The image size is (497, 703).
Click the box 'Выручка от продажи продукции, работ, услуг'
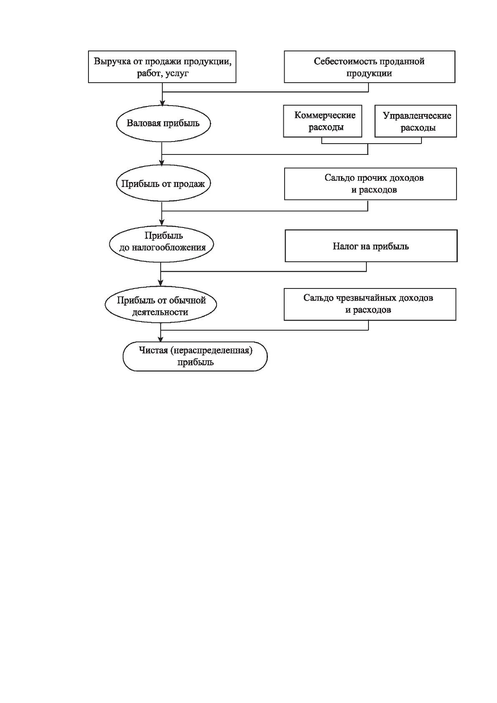click(162, 67)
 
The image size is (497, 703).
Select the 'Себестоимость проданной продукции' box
click(369, 67)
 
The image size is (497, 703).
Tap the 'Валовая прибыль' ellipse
click(164, 123)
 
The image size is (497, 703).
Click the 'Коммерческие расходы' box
click(323, 121)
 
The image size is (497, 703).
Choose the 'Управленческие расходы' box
click(416, 121)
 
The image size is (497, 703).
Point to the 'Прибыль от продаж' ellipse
click(163, 183)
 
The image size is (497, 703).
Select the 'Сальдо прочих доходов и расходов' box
click(370, 184)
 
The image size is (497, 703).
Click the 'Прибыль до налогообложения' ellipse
click(161, 244)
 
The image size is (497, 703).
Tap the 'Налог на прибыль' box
click(371, 246)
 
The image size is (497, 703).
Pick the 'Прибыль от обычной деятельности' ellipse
click(161, 304)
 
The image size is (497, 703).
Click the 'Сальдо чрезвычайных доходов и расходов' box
click(370, 304)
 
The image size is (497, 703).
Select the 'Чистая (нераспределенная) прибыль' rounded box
click(195, 357)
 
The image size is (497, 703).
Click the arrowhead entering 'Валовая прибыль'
click(162, 103)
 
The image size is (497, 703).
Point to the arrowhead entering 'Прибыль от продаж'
click(161, 163)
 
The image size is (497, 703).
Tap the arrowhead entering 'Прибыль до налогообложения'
click(161, 223)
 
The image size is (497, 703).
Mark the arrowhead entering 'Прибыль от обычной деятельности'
click(161, 283)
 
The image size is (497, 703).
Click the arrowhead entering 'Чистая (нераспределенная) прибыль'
click(161, 339)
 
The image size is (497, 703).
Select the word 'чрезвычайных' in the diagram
click(361, 298)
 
